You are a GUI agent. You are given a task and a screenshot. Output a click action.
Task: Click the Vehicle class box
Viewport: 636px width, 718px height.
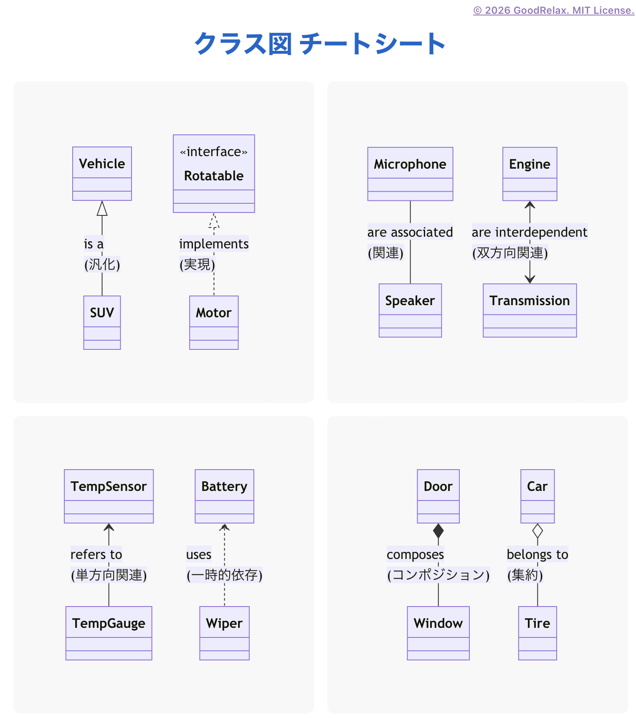[x=102, y=173]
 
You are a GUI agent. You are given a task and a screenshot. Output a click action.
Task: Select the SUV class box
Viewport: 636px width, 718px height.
[x=102, y=322]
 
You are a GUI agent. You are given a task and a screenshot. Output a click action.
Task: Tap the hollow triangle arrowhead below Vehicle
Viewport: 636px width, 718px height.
[x=102, y=209]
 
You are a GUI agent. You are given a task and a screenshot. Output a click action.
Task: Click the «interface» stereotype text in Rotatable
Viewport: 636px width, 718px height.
[x=213, y=152]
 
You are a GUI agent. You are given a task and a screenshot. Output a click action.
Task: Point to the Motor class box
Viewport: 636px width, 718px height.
[x=214, y=322]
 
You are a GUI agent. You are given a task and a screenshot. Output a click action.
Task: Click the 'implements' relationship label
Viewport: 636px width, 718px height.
[x=214, y=244]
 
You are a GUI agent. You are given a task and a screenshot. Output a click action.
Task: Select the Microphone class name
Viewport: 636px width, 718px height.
[x=410, y=164]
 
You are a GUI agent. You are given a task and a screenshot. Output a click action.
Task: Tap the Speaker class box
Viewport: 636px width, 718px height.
[x=410, y=310]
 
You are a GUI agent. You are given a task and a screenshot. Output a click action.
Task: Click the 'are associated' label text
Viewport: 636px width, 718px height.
[x=410, y=232]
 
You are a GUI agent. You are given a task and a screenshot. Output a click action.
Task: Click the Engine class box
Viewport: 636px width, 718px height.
[x=530, y=174]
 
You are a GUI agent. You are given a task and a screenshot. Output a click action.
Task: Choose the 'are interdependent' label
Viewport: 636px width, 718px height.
[x=529, y=232]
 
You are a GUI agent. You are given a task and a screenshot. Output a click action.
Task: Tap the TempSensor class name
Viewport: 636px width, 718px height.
[x=109, y=486]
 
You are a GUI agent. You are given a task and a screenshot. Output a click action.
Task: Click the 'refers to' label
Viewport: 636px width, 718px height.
[x=96, y=554]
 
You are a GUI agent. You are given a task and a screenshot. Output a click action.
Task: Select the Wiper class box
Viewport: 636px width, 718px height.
[x=224, y=633]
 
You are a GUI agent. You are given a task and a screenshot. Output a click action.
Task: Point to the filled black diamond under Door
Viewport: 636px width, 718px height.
[x=438, y=531]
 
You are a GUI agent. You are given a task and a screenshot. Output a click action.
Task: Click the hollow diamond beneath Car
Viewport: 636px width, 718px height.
[x=537, y=531]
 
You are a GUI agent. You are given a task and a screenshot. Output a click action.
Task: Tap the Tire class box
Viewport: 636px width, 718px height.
[x=537, y=633]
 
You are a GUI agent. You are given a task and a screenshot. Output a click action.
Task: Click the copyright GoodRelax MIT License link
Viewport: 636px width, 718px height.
[x=553, y=10]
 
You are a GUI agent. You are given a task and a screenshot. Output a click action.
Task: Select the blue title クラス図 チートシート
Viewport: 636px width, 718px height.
[x=320, y=43]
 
